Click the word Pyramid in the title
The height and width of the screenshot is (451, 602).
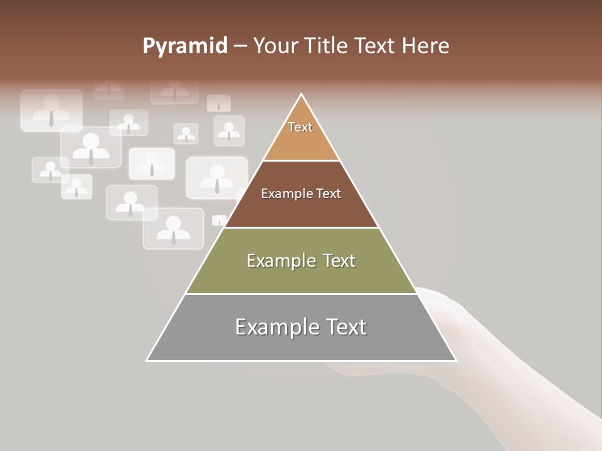pyautogui.click(x=185, y=46)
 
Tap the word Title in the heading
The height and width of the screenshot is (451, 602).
pyautogui.click(x=326, y=46)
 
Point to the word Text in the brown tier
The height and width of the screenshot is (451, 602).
pyautogui.click(x=329, y=194)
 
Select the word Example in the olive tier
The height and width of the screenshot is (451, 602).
pyautogui.click(x=279, y=261)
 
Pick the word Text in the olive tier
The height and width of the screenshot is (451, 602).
pyautogui.click(x=339, y=261)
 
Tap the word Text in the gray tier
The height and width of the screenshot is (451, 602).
pyautogui.click(x=346, y=327)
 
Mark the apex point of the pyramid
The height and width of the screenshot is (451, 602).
pyautogui.click(x=302, y=95)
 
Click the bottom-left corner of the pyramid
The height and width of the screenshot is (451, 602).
pyautogui.click(x=147, y=360)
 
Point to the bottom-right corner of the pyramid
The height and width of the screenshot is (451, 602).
pyautogui.click(x=456, y=360)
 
